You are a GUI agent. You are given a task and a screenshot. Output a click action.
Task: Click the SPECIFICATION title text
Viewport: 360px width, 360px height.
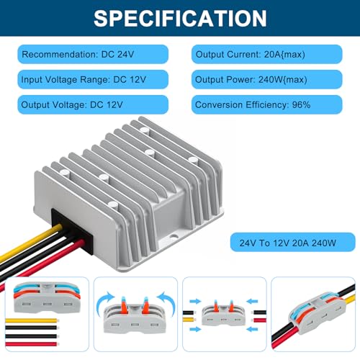pyautogui.click(x=180, y=18)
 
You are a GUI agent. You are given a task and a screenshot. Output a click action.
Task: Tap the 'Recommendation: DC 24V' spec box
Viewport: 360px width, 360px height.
pyautogui.click(x=93, y=54)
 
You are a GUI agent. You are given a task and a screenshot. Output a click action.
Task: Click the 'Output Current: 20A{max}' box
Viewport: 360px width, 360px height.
pyautogui.click(x=267, y=54)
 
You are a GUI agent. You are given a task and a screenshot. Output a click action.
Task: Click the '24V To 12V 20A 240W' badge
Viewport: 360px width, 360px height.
pyautogui.click(x=292, y=242)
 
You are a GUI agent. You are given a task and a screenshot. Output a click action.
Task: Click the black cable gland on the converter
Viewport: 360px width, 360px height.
pyautogui.click(x=72, y=230)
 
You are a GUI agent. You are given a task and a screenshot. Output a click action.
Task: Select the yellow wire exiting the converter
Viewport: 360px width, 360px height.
pyautogui.click(x=29, y=243)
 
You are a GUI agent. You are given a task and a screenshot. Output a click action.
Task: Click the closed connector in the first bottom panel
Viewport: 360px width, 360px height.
pyautogui.click(x=47, y=297)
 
